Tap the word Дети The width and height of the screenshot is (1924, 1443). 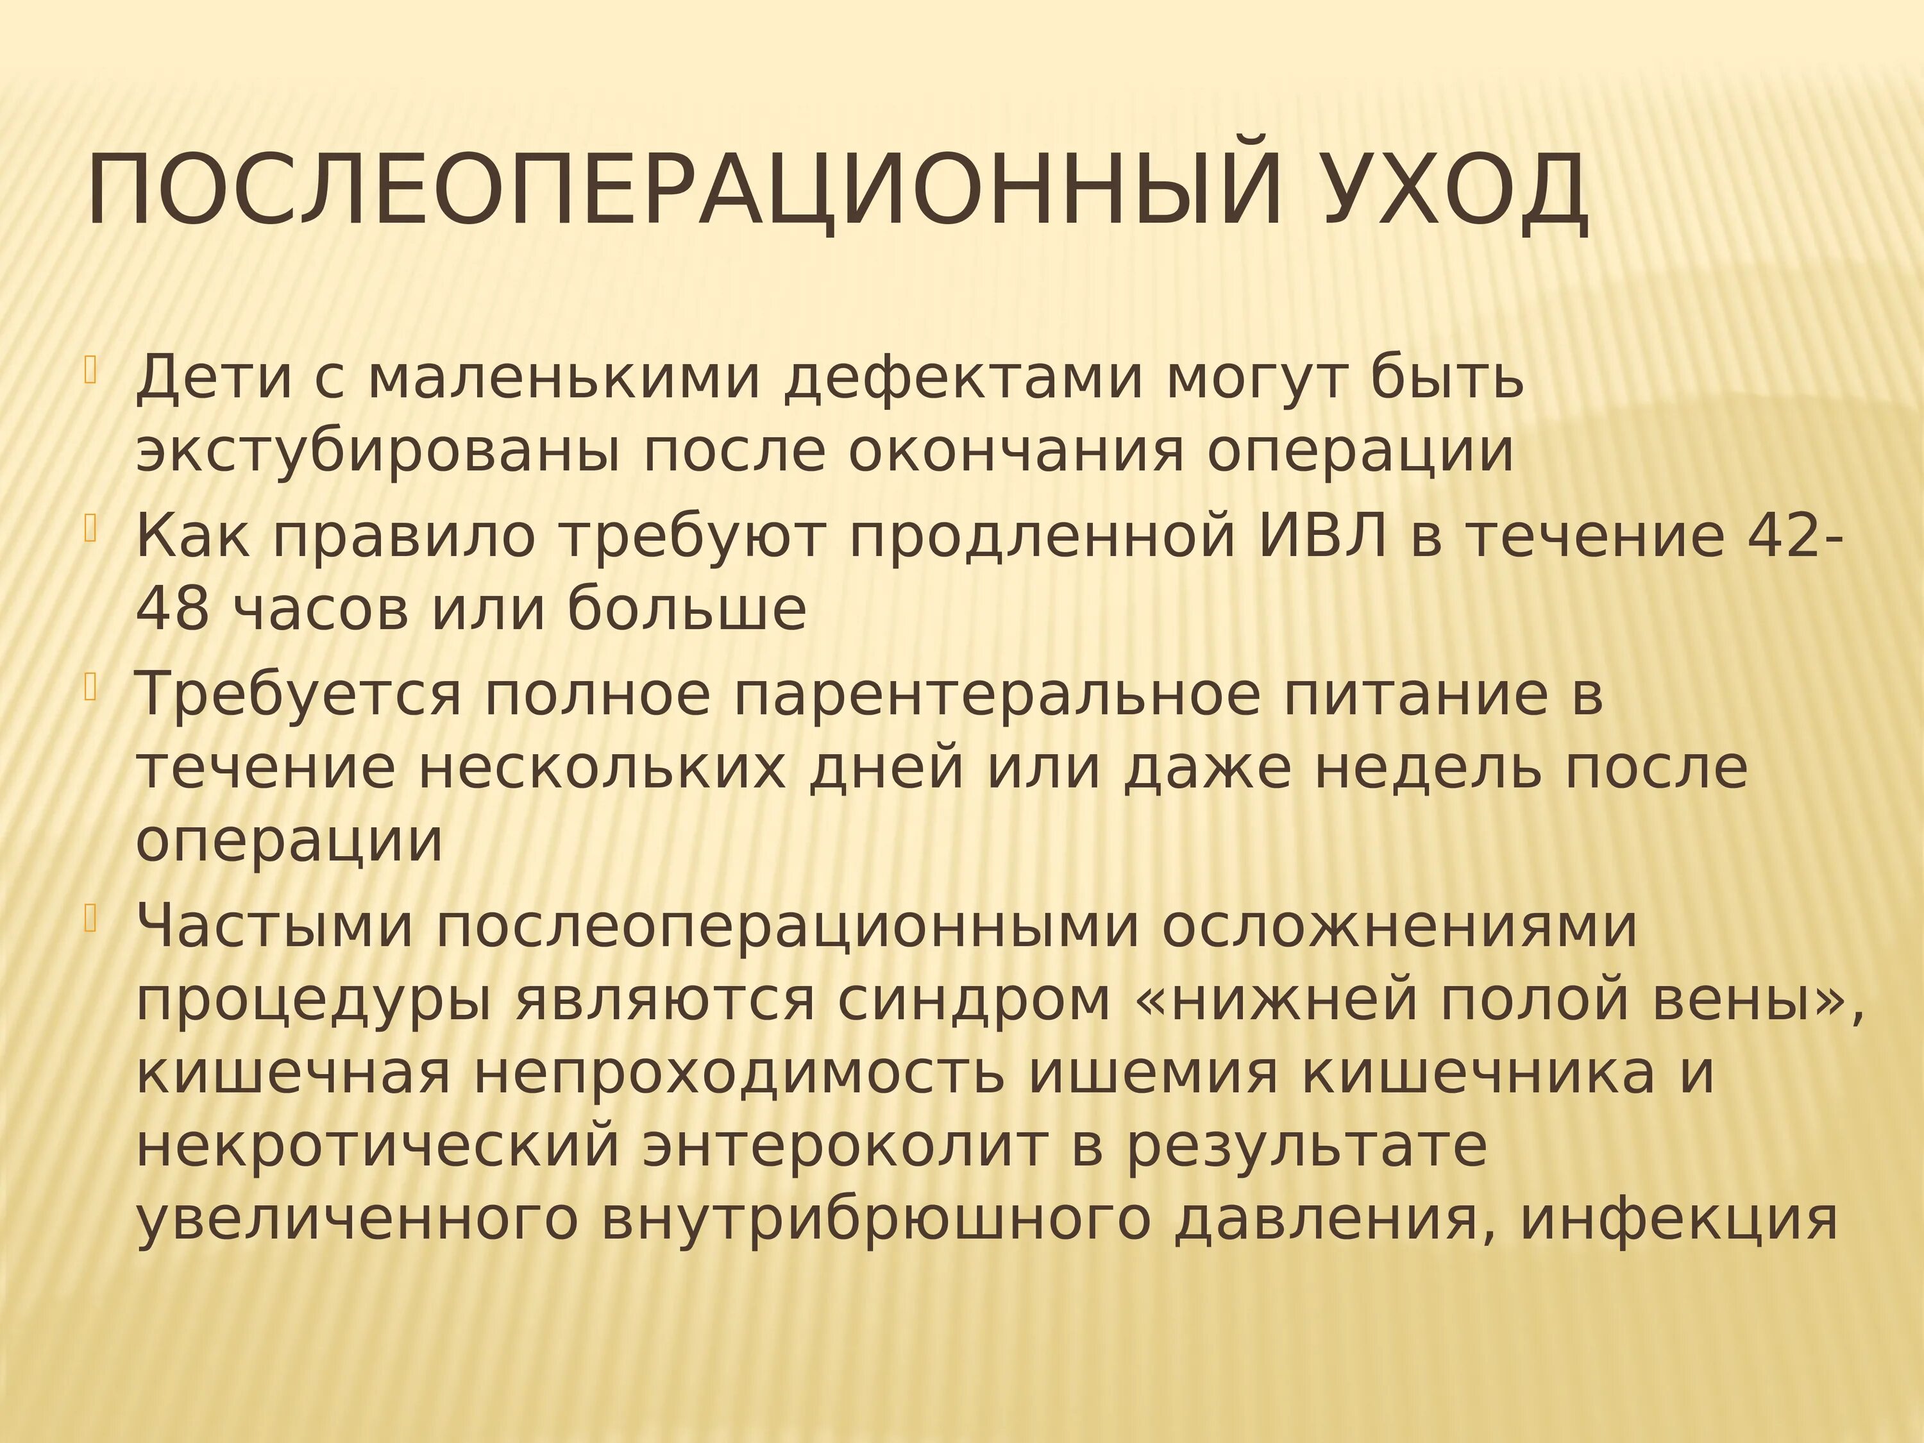pos(213,378)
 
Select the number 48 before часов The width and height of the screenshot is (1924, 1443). pos(173,609)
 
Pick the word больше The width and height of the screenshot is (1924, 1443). pos(687,609)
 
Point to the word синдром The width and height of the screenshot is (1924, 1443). pos(974,1000)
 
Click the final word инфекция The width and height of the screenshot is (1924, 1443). pos(1679,1219)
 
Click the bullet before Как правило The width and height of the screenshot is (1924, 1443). pos(90,527)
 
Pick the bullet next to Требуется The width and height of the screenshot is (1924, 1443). pos(90,686)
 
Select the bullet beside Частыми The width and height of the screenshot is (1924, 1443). pos(90,918)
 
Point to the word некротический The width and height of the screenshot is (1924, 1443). pos(378,1147)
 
